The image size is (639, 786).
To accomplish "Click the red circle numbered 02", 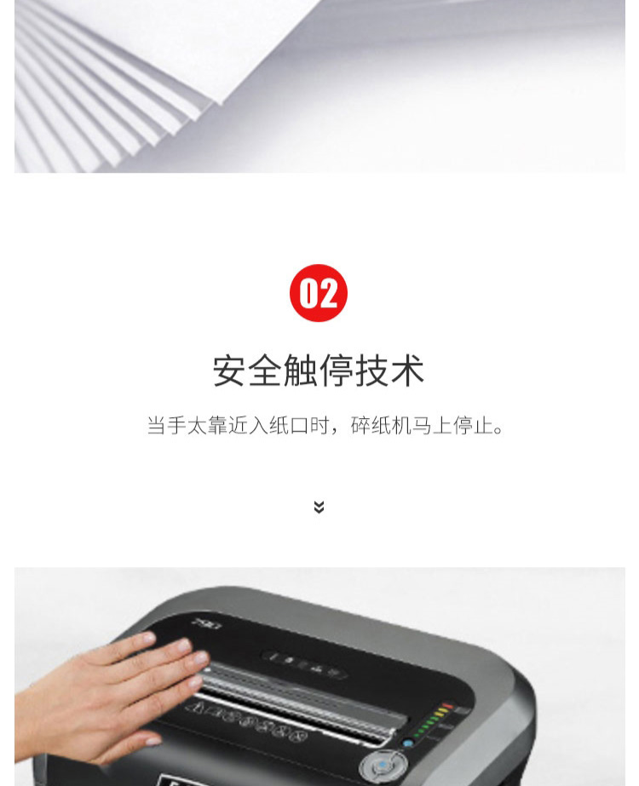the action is click(x=319, y=293).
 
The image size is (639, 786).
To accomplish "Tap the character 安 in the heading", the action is click(x=230, y=370).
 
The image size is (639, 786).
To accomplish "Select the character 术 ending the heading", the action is click(x=408, y=370).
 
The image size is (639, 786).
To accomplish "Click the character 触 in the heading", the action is click(x=301, y=370).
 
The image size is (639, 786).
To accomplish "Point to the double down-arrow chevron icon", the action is click(x=319, y=507).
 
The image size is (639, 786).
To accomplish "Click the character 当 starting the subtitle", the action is click(x=157, y=425).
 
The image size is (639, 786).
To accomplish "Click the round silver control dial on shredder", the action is click(x=383, y=766).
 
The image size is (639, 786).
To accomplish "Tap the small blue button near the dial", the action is click(x=408, y=743).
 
